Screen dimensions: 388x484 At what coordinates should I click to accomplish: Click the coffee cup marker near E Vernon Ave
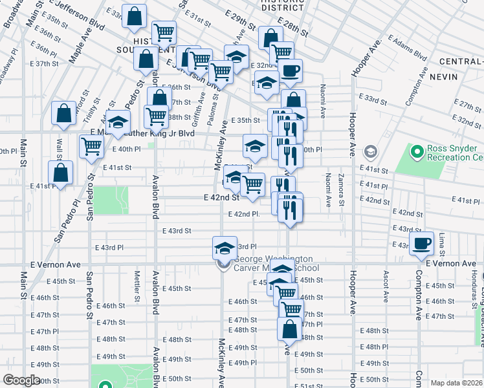pyautogui.click(x=421, y=244)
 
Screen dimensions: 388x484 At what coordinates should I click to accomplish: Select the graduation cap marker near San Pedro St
pyautogui.click(x=118, y=122)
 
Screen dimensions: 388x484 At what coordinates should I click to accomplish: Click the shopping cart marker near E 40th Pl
pyautogui.click(x=92, y=147)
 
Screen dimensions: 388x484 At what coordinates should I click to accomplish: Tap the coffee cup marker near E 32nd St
pyautogui.click(x=291, y=70)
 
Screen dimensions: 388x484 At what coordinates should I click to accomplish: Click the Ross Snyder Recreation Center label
pyautogui.click(x=455, y=153)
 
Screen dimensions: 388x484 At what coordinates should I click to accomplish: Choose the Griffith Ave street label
pyautogui.click(x=203, y=107)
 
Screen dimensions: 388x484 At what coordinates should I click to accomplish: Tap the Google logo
pyautogui.click(x=21, y=380)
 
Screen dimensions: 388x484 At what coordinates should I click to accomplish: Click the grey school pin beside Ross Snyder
pyautogui.click(x=371, y=152)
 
